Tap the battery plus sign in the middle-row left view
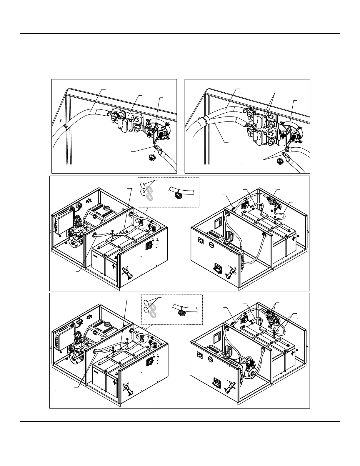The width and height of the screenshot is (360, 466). [x=114, y=267]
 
